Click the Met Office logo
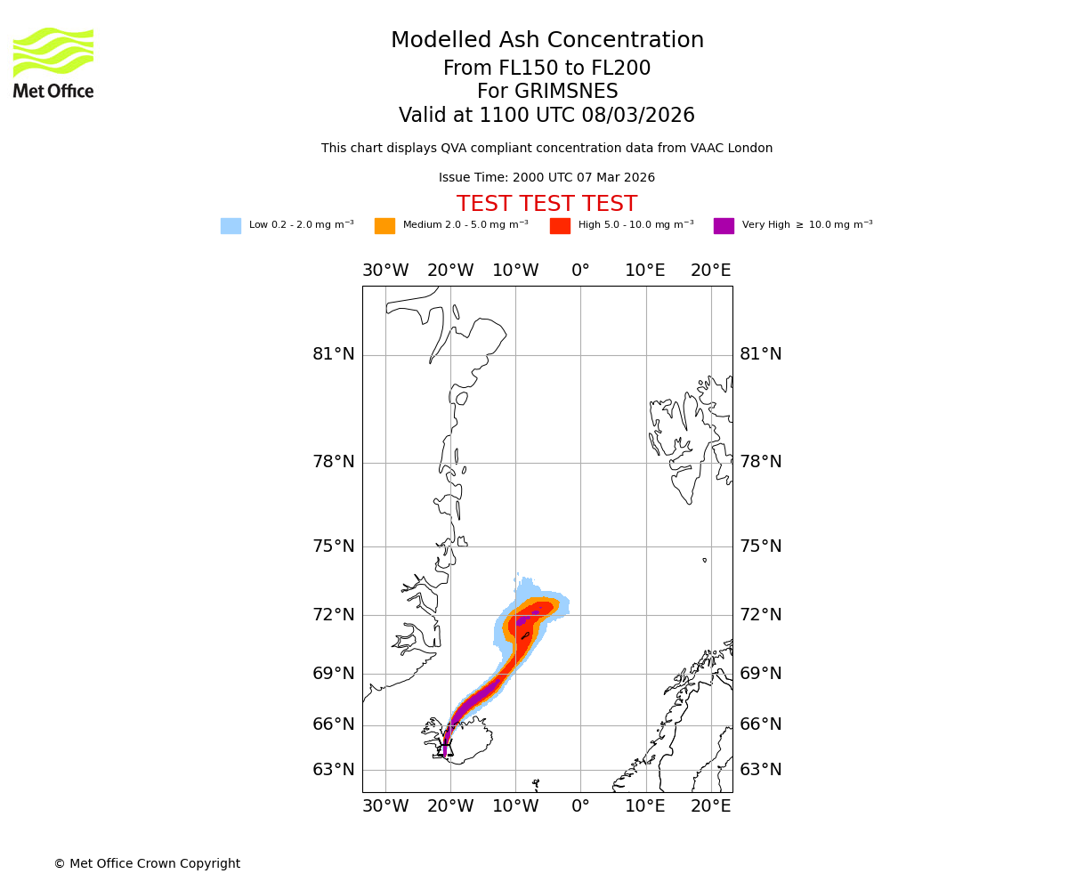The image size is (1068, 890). click(53, 62)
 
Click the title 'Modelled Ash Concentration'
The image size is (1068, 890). click(547, 40)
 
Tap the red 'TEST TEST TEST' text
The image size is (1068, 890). click(546, 204)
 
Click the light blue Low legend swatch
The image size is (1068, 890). click(231, 226)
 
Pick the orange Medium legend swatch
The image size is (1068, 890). click(384, 226)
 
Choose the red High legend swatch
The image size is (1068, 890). click(560, 226)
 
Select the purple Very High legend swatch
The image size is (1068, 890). click(724, 226)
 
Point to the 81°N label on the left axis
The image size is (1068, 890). click(333, 354)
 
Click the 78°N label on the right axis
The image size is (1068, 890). click(761, 462)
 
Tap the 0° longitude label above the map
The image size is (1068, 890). click(580, 271)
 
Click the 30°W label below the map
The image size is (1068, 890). click(385, 806)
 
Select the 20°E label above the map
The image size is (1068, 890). click(710, 271)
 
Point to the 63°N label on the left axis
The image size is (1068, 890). click(333, 770)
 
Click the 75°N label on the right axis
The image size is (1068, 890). click(761, 546)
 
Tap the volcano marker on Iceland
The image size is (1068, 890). click(445, 747)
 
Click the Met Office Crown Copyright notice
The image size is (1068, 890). click(147, 863)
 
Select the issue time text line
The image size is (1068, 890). click(546, 178)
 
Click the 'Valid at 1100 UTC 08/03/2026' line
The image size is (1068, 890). click(546, 116)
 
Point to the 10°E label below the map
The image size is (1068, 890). click(645, 806)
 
